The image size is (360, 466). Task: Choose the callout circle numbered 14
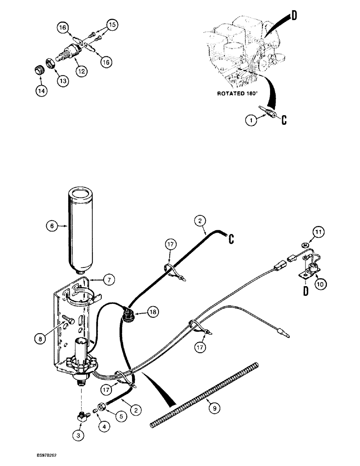(x=42, y=91)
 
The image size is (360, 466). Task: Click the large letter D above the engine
(x=294, y=17)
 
